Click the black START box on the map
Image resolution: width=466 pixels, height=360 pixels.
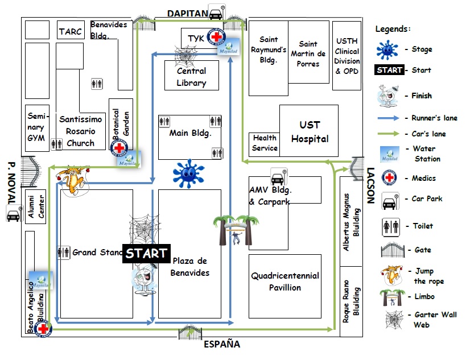146,254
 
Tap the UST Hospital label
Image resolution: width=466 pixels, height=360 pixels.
310,131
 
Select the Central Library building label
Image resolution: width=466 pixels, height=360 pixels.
191,77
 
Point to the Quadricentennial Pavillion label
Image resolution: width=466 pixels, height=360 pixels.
284,282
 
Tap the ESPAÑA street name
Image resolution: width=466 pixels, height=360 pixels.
222,344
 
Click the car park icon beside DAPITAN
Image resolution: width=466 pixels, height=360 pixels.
216,13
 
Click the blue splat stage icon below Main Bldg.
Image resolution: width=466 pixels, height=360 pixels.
188,173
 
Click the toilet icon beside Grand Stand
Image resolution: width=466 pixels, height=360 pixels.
63,253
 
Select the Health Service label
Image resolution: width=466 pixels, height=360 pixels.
265,143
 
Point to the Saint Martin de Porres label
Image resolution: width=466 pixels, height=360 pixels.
308,53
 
